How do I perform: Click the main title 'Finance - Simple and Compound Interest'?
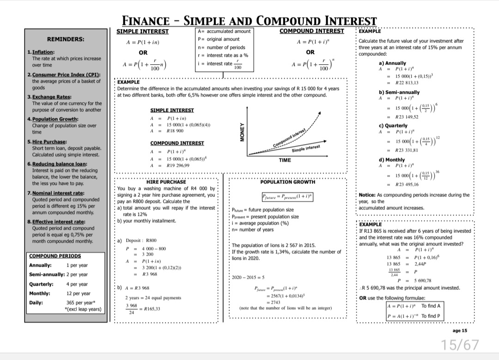click(x=249, y=21)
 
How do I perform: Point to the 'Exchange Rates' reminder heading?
click(x=51, y=97)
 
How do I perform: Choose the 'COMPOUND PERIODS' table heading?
click(x=55, y=256)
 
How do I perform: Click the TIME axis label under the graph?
click(x=285, y=159)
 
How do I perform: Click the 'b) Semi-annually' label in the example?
click(x=399, y=92)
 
